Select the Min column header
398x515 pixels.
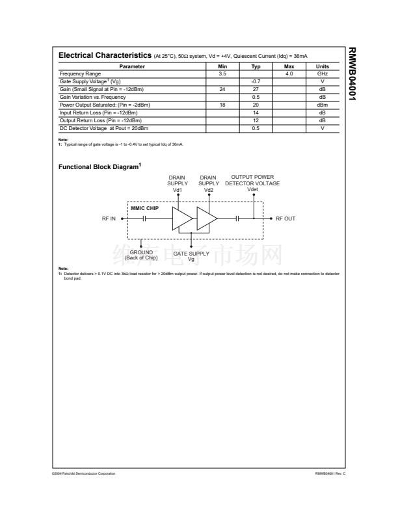point(222,66)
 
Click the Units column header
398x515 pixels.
point(322,66)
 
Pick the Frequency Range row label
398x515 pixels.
point(77,73)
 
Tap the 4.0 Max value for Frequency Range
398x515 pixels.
point(289,73)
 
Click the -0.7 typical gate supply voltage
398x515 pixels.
point(256,81)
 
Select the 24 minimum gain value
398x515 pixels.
point(222,88)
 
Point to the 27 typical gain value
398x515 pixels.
point(256,88)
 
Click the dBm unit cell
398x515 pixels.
point(322,104)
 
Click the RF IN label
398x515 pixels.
point(109,219)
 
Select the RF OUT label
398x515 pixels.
point(285,219)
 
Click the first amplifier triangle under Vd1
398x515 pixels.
point(180,219)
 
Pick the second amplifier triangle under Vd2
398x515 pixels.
point(207,219)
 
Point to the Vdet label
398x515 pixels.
point(252,189)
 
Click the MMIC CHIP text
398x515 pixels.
point(144,208)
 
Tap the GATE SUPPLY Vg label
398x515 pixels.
point(191,256)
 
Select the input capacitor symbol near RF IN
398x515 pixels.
point(144,219)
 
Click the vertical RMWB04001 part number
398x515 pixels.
point(351,74)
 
